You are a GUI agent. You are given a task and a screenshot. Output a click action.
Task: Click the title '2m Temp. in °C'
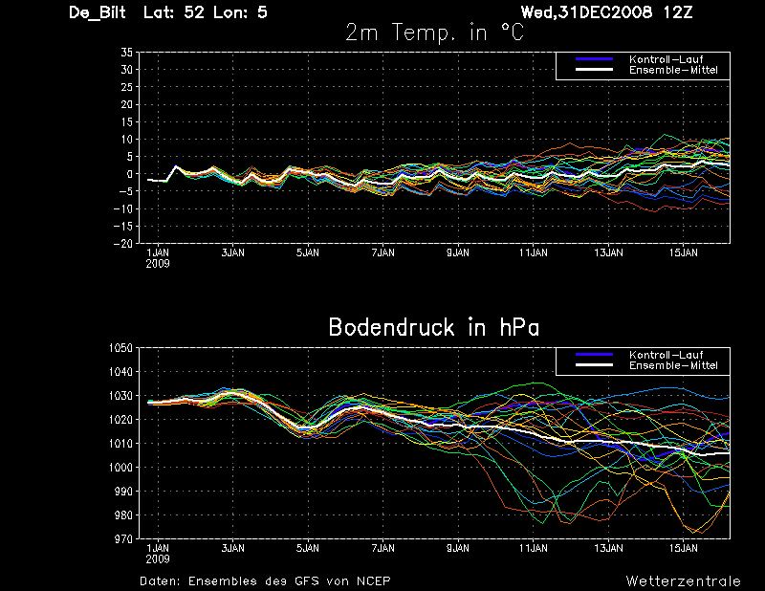[x=435, y=33]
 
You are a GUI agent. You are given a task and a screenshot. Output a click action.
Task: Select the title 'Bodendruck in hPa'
[x=433, y=327]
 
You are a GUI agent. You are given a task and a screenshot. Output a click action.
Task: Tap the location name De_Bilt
[x=99, y=12]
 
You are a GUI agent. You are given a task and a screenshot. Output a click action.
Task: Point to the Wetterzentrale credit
[x=683, y=580]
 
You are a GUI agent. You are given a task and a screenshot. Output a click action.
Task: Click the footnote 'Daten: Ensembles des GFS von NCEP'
[x=265, y=580]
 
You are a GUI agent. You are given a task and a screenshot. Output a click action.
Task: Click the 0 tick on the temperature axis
[x=128, y=174]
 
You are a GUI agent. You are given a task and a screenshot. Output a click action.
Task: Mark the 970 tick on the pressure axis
[x=121, y=539]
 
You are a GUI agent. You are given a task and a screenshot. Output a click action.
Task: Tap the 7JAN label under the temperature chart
[x=382, y=253]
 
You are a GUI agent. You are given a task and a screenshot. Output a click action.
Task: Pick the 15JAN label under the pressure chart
[x=684, y=549]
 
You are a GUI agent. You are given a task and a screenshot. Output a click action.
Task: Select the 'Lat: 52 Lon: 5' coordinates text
[x=205, y=12]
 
